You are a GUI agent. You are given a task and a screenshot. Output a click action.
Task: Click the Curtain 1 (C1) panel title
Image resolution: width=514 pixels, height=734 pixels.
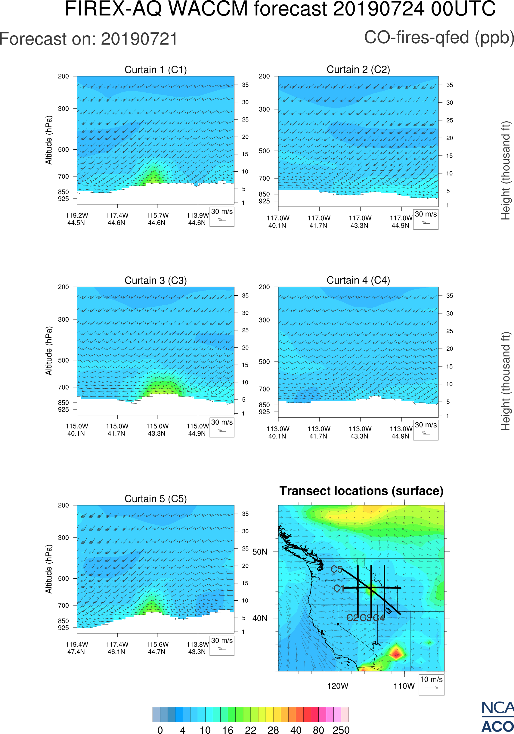click(156, 70)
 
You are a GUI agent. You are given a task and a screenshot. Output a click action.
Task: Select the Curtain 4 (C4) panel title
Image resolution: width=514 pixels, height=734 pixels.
click(358, 280)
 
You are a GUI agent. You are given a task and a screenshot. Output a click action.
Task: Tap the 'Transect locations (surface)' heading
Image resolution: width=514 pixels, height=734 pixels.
click(361, 491)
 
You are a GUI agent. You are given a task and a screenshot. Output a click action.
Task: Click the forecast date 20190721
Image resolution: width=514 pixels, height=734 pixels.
click(139, 39)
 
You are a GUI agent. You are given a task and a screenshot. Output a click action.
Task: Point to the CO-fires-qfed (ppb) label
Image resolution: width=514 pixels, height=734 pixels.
click(439, 38)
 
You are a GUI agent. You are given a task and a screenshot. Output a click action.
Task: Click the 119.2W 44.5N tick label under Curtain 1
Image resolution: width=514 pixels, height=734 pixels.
click(77, 219)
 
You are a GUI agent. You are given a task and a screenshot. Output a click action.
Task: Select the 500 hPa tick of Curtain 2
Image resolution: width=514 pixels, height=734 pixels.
click(264, 151)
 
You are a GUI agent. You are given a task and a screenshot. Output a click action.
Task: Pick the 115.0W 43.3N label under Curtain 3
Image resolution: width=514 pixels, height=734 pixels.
click(157, 430)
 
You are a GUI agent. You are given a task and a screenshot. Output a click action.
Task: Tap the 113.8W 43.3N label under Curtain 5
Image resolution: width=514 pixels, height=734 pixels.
click(197, 648)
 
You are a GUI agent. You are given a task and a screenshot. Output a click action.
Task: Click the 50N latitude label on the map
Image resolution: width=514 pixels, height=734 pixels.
click(260, 552)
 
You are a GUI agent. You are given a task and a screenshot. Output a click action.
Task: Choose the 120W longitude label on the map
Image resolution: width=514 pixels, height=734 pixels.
click(338, 686)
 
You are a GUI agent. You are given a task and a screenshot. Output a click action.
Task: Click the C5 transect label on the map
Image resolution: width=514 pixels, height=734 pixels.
click(336, 569)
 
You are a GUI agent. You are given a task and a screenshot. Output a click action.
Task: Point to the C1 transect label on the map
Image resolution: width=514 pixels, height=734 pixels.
click(339, 588)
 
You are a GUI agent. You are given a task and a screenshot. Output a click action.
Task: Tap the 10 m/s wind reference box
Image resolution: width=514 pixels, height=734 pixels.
click(431, 684)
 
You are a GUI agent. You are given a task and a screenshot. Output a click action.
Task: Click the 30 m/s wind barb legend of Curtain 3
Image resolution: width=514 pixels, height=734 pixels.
click(222, 427)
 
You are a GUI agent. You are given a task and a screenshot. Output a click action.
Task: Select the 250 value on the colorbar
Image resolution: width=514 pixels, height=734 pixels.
click(341, 730)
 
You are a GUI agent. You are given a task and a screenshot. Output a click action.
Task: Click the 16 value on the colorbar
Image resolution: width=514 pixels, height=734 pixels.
click(228, 730)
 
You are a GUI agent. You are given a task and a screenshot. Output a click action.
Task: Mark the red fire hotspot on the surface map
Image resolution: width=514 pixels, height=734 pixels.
click(396, 653)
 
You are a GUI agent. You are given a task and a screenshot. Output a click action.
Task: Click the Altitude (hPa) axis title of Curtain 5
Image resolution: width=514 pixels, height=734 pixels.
click(48, 569)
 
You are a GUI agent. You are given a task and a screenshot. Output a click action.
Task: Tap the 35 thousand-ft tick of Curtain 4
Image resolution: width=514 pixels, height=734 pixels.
click(450, 296)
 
